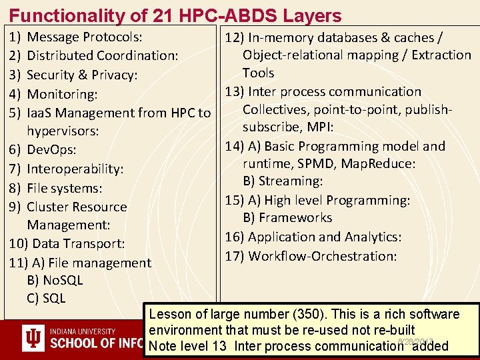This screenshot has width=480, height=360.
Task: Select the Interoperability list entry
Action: click(75, 169)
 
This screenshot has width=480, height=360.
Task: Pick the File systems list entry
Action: click(64, 189)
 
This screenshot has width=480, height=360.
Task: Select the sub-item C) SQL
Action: click(46, 298)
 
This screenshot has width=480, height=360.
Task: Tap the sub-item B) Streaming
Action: click(283, 181)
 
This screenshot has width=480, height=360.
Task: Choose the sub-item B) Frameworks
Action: click(287, 218)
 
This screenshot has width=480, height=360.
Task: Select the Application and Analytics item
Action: click(313, 237)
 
